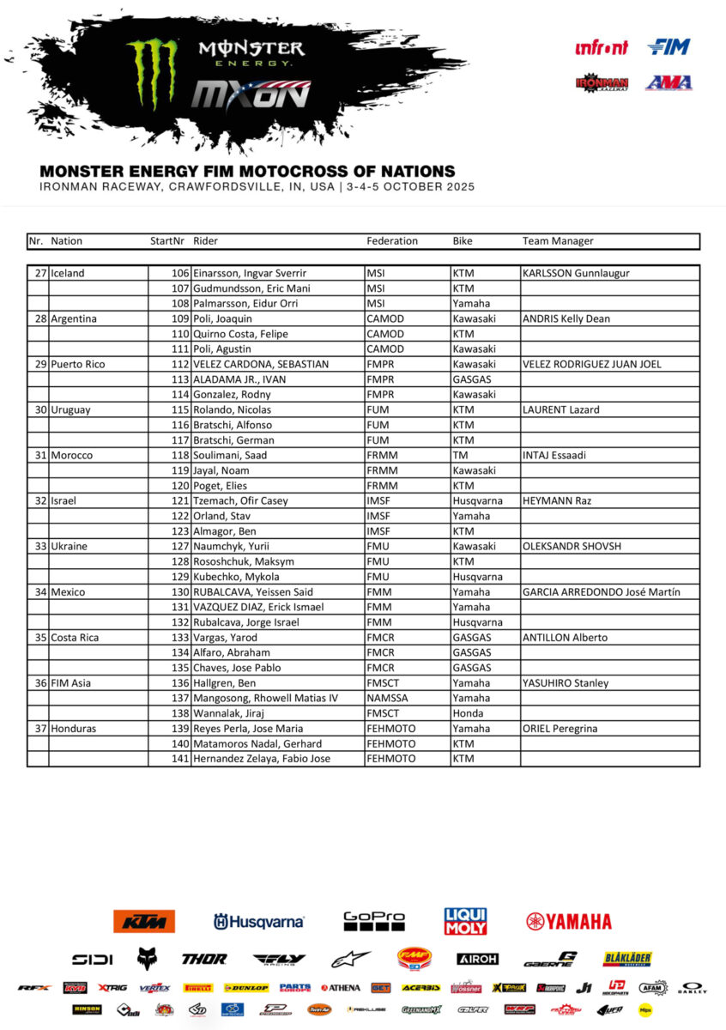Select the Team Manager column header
pyautogui.click(x=558, y=241)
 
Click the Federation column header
pyautogui.click(x=392, y=241)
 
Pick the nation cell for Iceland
pyautogui.click(x=68, y=273)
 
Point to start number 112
pyautogui.click(x=180, y=364)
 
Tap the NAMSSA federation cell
pyautogui.click(x=388, y=698)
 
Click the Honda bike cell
pyautogui.click(x=465, y=713)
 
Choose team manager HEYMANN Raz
pyautogui.click(x=554, y=500)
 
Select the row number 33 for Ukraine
pyautogui.click(x=40, y=546)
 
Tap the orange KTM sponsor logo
pyautogui.click(x=144, y=921)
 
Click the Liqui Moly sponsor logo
pyautogui.click(x=466, y=921)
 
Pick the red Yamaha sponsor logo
pyautogui.click(x=569, y=921)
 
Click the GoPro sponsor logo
pyautogui.click(x=374, y=921)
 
